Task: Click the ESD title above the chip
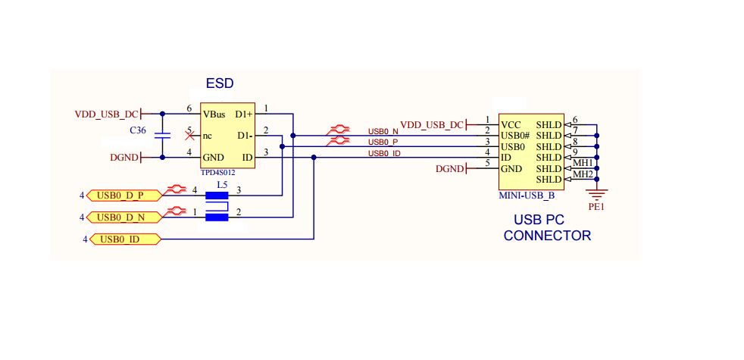[220, 83]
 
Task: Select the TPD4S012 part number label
[217, 173]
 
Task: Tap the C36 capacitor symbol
[162, 136]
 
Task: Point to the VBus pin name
[214, 114]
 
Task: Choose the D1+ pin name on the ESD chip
[244, 114]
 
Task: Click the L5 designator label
[222, 184]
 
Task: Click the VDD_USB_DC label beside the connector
[431, 125]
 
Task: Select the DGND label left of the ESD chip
[124, 158]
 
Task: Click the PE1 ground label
[597, 205]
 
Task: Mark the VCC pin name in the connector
[511, 124]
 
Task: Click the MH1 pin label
[583, 163]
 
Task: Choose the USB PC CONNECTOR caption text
[547, 228]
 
